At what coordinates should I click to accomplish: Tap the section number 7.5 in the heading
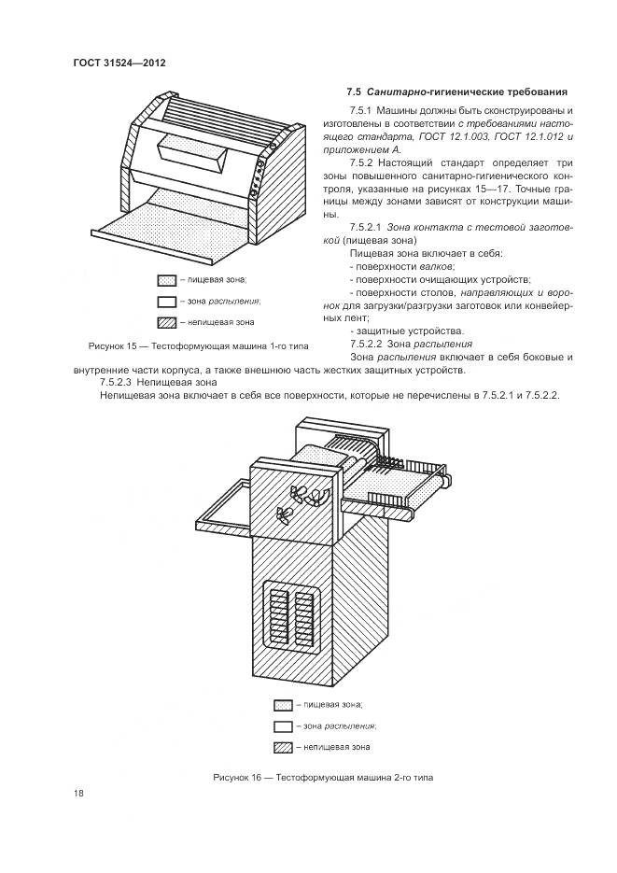point(353,92)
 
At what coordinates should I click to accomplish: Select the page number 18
point(78,793)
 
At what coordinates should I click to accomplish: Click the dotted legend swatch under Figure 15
point(167,279)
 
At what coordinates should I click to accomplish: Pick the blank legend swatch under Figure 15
point(167,301)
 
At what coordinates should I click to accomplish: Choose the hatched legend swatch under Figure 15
point(167,322)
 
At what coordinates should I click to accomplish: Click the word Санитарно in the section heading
point(400,92)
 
